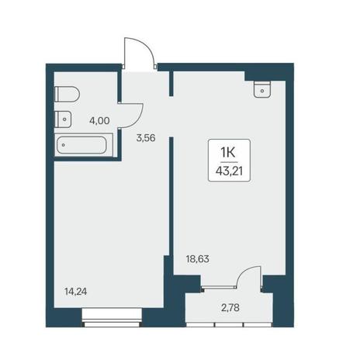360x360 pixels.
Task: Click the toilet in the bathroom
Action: pos(67,95)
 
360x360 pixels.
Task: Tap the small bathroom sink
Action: pos(63,119)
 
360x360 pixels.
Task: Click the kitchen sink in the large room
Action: pos(262,89)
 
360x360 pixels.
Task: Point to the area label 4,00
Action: pos(99,120)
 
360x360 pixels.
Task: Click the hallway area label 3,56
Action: pos(146,138)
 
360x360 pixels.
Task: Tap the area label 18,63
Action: pos(198,258)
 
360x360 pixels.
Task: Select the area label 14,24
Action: pos(76,292)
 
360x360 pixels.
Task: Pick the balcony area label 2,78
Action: pos(230,308)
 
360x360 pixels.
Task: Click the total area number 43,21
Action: pos(229,171)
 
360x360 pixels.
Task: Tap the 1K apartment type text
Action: pos(227,152)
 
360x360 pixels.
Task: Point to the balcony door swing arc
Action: pos(244,273)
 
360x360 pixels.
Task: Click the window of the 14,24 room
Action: pos(112,317)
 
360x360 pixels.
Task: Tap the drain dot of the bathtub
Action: pos(64,145)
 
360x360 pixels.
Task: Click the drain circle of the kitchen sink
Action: pos(262,91)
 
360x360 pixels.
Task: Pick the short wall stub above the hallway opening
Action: pos(171,83)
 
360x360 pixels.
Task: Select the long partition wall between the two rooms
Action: pos(171,196)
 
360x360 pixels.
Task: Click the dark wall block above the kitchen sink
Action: pos(265,75)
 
